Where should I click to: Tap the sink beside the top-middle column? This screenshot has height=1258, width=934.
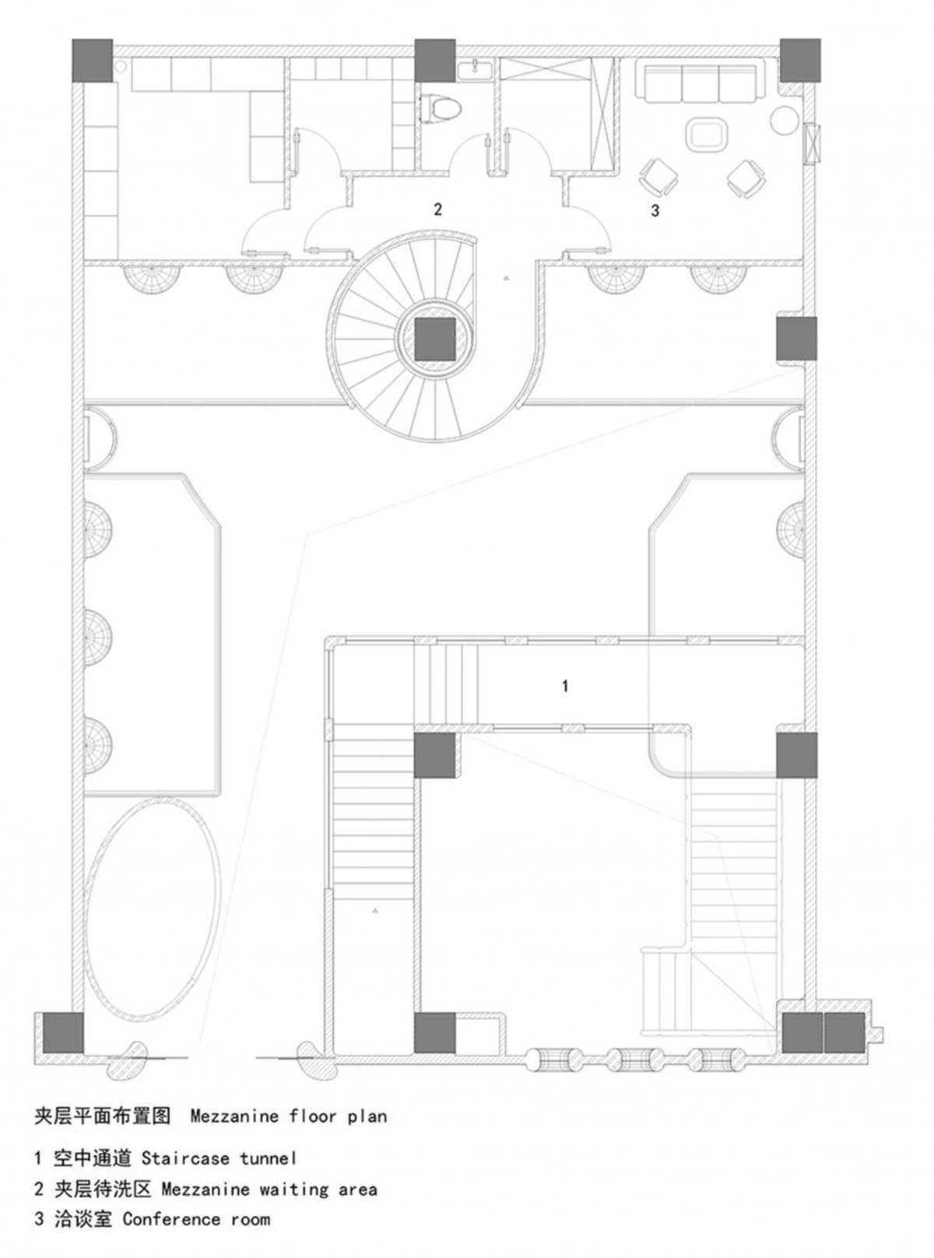[476, 70]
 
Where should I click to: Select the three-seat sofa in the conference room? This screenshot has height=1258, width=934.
[700, 83]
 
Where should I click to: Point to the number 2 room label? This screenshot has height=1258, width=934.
[437, 209]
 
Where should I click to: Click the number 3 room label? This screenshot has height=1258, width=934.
[655, 211]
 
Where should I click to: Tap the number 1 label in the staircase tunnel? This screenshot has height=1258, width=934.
[565, 686]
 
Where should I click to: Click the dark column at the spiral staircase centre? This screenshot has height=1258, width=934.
[435, 339]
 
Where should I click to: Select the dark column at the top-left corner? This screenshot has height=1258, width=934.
[93, 60]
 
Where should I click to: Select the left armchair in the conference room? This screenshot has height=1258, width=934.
[658, 177]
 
